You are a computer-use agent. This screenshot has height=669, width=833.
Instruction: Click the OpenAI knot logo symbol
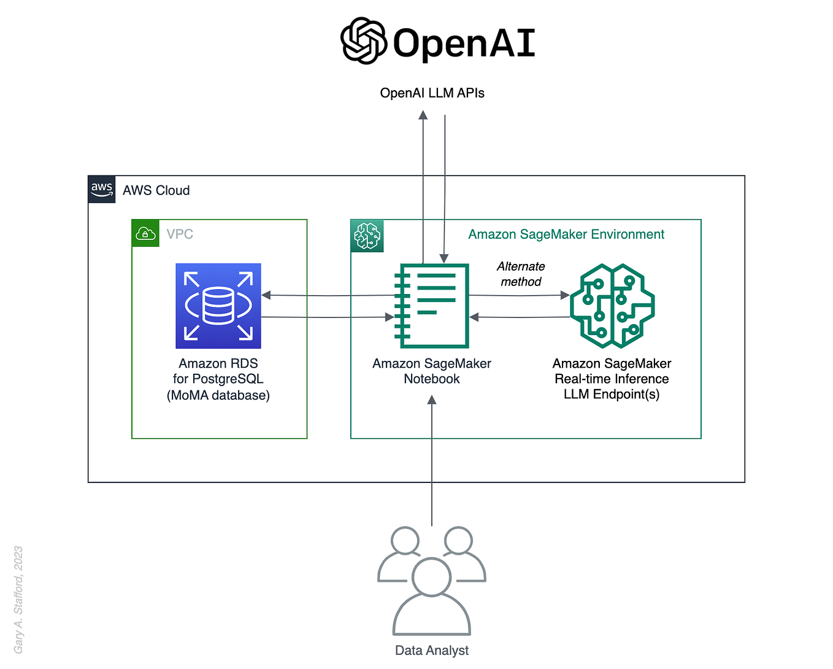click(363, 41)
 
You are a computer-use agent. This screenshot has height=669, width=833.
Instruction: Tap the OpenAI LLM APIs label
click(432, 93)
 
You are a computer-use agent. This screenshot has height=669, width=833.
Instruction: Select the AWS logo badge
click(102, 189)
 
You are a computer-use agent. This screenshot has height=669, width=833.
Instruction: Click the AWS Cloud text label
click(156, 191)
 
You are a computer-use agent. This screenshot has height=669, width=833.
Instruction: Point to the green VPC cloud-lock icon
click(145, 233)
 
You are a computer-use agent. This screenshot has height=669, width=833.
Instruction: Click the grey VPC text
click(180, 234)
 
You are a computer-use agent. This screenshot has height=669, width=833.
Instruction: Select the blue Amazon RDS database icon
click(218, 306)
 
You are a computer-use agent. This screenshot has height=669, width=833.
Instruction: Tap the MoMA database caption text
click(218, 395)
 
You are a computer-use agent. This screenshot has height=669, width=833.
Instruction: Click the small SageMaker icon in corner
click(367, 236)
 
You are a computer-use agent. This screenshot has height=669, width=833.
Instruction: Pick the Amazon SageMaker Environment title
click(566, 234)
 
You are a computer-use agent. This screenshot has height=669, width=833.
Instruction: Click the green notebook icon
click(432, 306)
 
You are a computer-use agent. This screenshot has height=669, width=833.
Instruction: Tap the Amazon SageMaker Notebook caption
click(432, 371)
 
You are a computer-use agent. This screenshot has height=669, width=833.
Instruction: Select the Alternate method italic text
click(521, 274)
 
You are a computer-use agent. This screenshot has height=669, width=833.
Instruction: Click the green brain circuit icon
click(612, 306)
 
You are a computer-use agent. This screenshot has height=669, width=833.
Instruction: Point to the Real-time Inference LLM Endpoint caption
click(612, 379)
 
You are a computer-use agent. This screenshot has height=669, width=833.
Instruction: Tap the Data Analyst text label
click(432, 651)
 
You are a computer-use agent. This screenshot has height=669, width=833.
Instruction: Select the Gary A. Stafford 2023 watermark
click(18, 600)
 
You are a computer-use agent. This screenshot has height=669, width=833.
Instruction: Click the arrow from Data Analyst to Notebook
click(432, 460)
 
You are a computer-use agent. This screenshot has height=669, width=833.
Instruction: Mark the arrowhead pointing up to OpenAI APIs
click(423, 115)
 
